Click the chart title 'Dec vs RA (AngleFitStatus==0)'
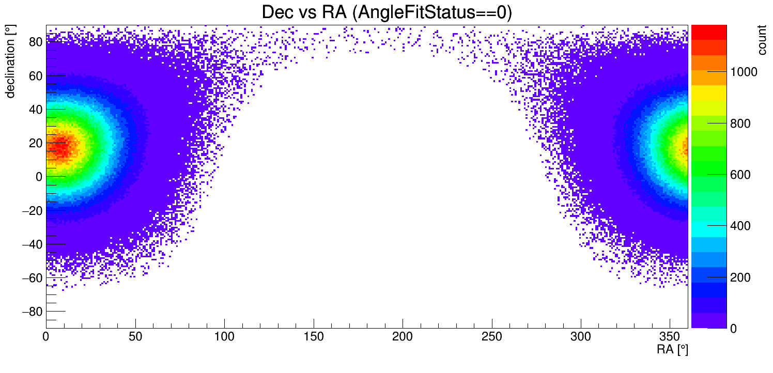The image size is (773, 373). coord(386,12)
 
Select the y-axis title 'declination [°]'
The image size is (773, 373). coord(10,63)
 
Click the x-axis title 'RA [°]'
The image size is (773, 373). coord(672,350)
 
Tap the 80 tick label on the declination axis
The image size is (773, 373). coord(35,42)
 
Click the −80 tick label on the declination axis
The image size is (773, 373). coord(31,312)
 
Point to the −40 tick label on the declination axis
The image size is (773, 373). coord(31,244)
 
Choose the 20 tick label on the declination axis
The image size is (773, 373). coord(35,143)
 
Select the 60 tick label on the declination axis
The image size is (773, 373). coord(35,76)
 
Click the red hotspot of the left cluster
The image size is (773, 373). coord(59,147)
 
